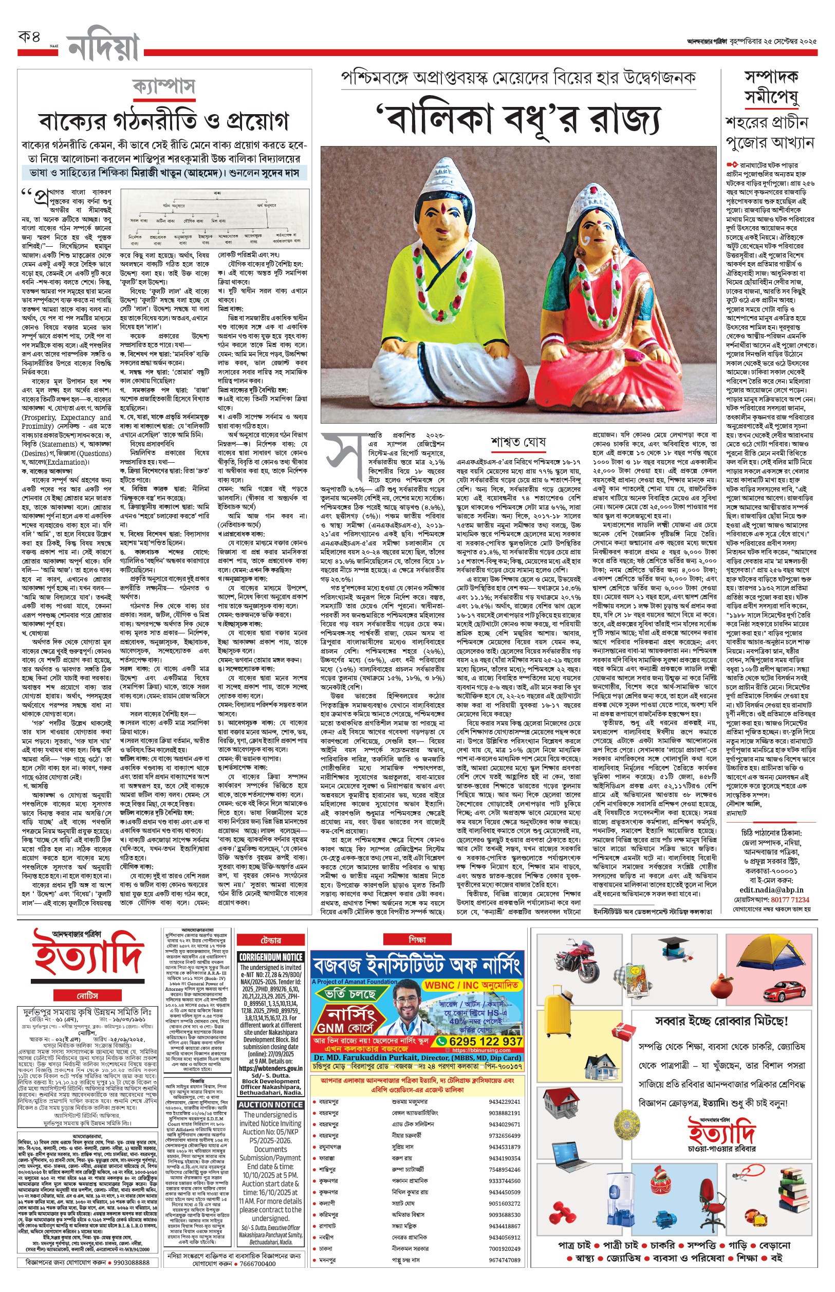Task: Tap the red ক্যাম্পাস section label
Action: click(x=164, y=87)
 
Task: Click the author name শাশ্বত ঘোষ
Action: click(x=518, y=442)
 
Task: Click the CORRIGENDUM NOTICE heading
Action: click(x=271, y=957)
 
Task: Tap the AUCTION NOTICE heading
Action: click(x=271, y=1105)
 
